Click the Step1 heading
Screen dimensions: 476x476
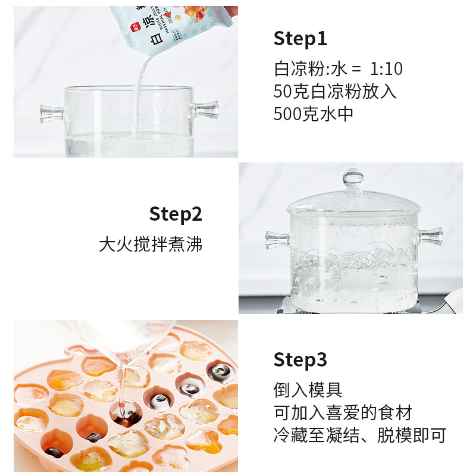pyautogui.click(x=300, y=39)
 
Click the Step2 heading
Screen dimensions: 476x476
pyautogui.click(x=176, y=214)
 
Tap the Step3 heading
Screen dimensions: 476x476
pyautogui.click(x=300, y=360)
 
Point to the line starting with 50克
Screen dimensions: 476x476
pyautogui.click(x=334, y=91)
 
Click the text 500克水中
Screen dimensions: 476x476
pyautogui.click(x=313, y=114)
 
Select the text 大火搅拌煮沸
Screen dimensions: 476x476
pyautogui.click(x=151, y=244)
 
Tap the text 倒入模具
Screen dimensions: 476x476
pyautogui.click(x=308, y=390)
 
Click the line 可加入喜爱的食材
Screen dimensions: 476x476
pyautogui.click(x=343, y=413)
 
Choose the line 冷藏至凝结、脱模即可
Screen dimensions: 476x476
pyautogui.click(x=359, y=436)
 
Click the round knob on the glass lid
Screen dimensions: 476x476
pyautogui.click(x=353, y=177)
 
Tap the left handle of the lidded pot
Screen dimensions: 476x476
pyautogui.click(x=277, y=239)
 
